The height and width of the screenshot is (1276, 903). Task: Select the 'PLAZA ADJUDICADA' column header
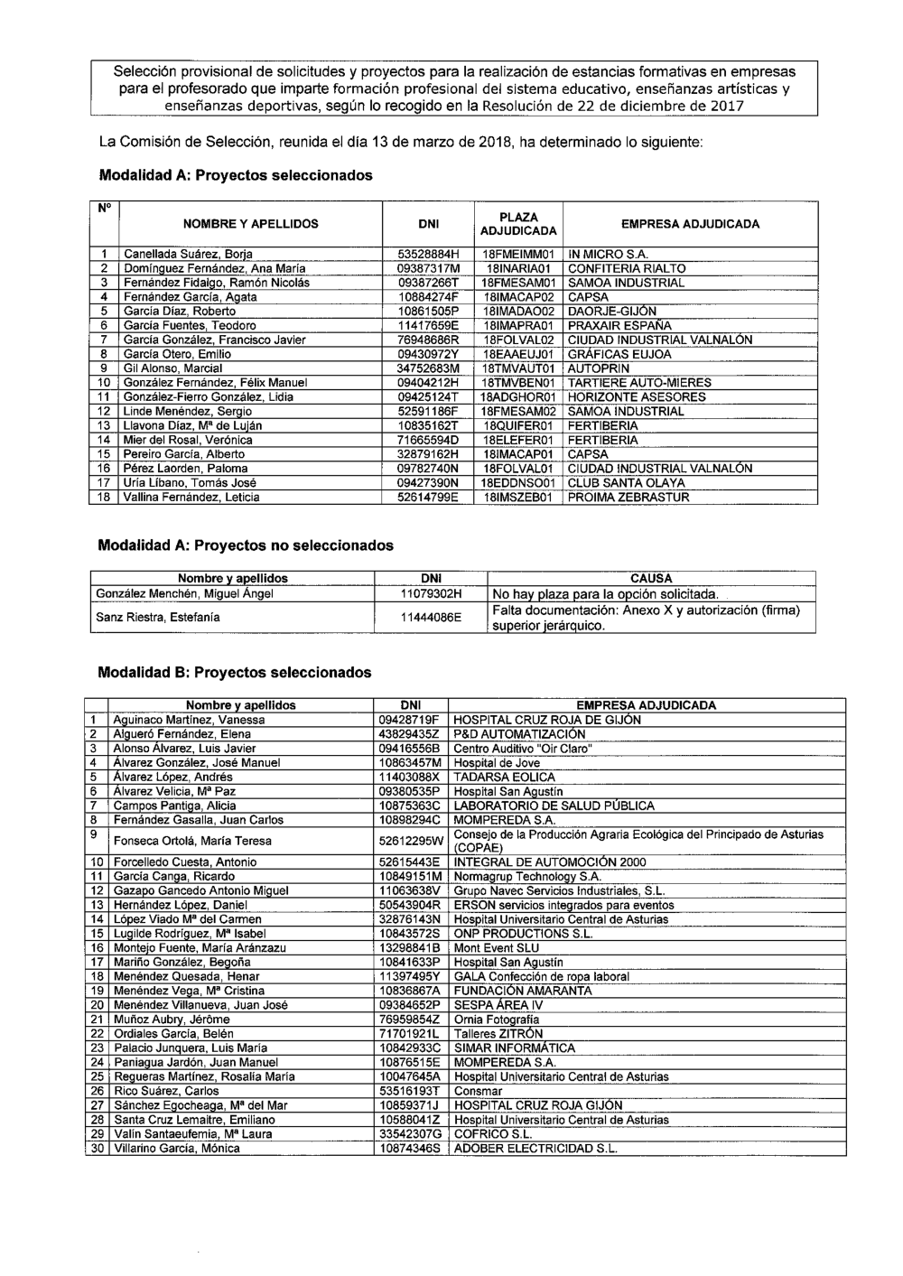click(518, 224)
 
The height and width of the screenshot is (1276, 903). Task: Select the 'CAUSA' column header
click(651, 578)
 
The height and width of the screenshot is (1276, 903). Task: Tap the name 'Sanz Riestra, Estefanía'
click(158, 618)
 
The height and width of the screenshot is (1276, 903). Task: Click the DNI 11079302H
click(431, 594)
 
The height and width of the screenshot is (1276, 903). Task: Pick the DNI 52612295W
click(411, 842)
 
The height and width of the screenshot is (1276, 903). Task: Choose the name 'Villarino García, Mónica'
click(176, 1149)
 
